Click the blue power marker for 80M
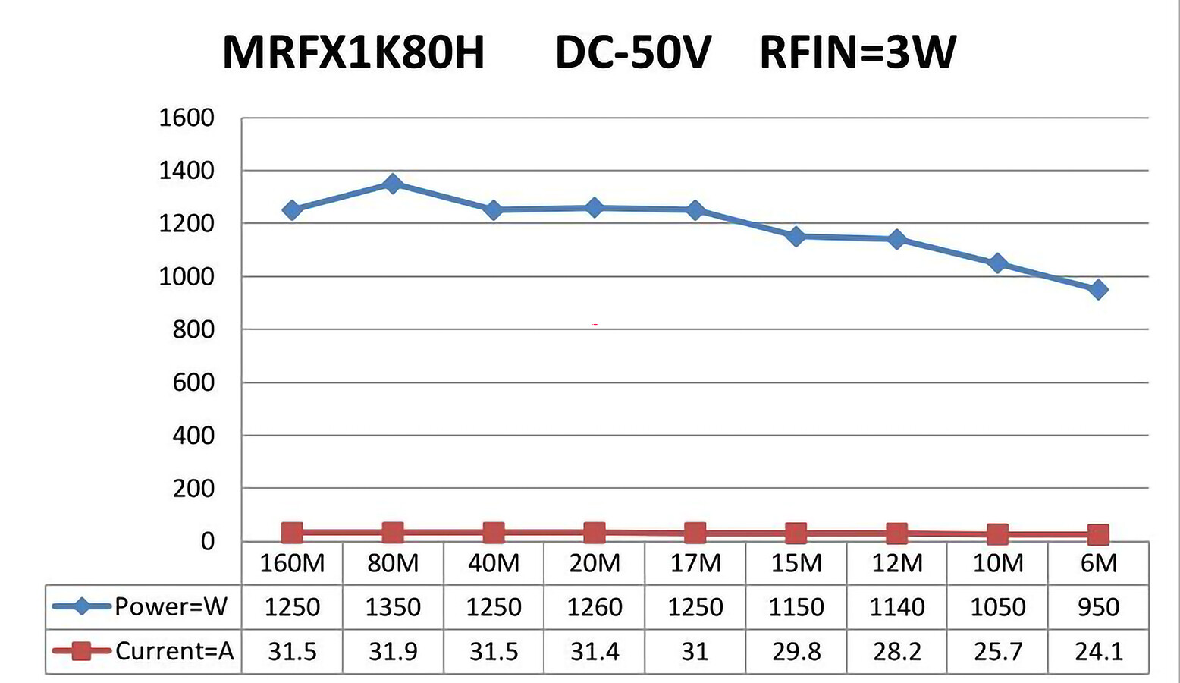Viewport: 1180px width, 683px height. click(392, 184)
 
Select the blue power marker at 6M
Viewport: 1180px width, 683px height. click(1098, 289)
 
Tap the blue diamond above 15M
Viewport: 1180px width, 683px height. click(796, 237)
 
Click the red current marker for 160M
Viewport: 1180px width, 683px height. click(292, 533)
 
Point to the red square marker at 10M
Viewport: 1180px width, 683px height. click(998, 534)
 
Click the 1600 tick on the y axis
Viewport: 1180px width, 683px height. click(187, 118)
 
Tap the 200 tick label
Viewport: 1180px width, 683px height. click(194, 489)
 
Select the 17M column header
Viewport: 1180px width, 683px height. click(695, 563)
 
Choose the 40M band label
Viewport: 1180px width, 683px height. click(494, 563)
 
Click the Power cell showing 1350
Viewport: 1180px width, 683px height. click(393, 607)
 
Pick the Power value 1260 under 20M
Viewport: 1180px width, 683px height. click(595, 607)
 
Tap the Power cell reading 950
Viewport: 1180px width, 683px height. click(1098, 607)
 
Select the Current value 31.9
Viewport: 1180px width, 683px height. click(393, 651)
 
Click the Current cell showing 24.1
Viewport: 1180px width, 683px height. click(1098, 651)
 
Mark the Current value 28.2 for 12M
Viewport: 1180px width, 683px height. click(897, 651)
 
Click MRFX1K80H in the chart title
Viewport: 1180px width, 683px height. click(353, 53)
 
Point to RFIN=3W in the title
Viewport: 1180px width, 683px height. click(858, 53)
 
